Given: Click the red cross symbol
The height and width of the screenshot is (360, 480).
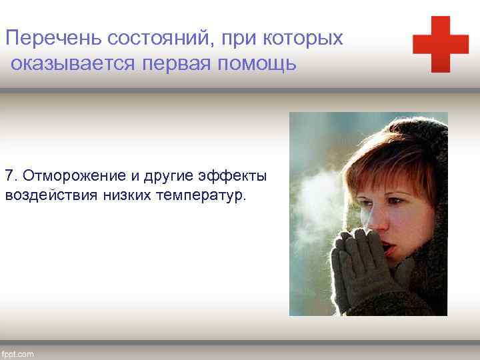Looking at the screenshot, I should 441,44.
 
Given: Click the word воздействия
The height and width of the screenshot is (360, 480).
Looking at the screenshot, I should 51,195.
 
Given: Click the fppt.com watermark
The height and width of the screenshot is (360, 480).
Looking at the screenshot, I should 19,352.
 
